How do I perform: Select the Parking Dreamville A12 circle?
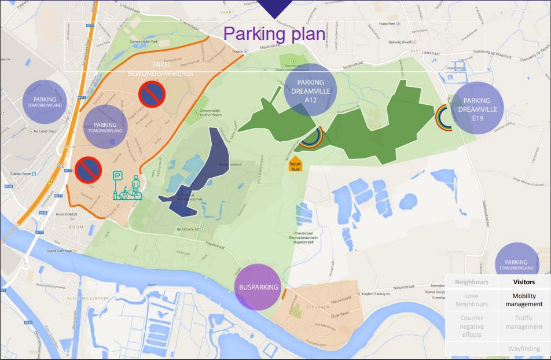(x=310, y=89)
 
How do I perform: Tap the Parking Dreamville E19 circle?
(x=477, y=108)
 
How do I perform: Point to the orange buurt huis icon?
(x=295, y=164)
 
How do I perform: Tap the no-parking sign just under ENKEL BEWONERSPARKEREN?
(x=152, y=94)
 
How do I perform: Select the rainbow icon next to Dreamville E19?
(x=445, y=119)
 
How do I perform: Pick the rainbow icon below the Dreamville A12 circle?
(x=311, y=137)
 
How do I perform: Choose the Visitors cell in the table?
(x=523, y=282)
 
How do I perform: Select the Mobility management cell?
(x=523, y=300)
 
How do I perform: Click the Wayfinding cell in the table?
(x=523, y=348)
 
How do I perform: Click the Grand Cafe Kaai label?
(x=64, y=251)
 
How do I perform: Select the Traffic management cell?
(x=523, y=322)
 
